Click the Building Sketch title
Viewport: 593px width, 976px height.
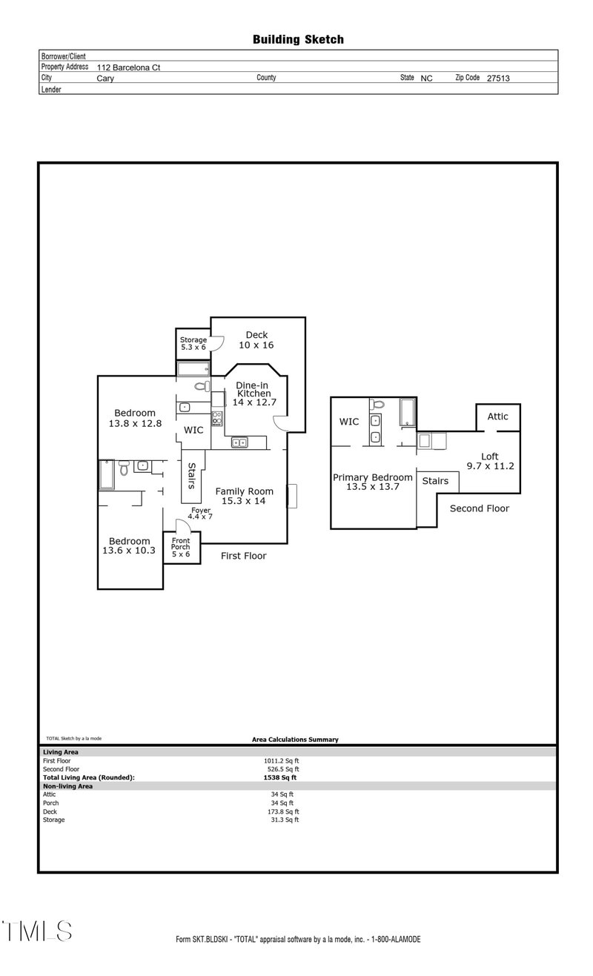tap(298, 39)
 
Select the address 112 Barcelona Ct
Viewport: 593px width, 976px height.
tap(128, 67)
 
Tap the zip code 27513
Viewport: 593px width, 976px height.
tap(498, 78)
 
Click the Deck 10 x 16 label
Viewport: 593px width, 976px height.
tap(256, 340)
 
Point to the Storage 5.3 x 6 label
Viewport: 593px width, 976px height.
tap(193, 343)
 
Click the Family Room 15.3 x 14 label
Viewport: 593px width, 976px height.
tap(244, 496)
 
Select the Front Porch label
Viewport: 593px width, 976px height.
tap(181, 548)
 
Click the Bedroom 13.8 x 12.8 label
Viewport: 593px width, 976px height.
tap(134, 418)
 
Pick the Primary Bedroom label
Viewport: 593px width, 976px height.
tap(372, 482)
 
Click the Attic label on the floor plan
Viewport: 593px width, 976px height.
tap(497, 416)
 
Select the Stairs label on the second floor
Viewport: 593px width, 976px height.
tap(435, 481)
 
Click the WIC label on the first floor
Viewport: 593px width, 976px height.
tap(193, 430)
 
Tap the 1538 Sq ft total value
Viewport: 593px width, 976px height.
tap(279, 777)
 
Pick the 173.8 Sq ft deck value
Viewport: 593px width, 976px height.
tap(285, 811)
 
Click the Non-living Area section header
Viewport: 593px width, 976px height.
tap(67, 786)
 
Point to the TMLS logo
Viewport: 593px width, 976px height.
tap(37, 931)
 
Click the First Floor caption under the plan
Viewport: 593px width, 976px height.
tap(243, 556)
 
